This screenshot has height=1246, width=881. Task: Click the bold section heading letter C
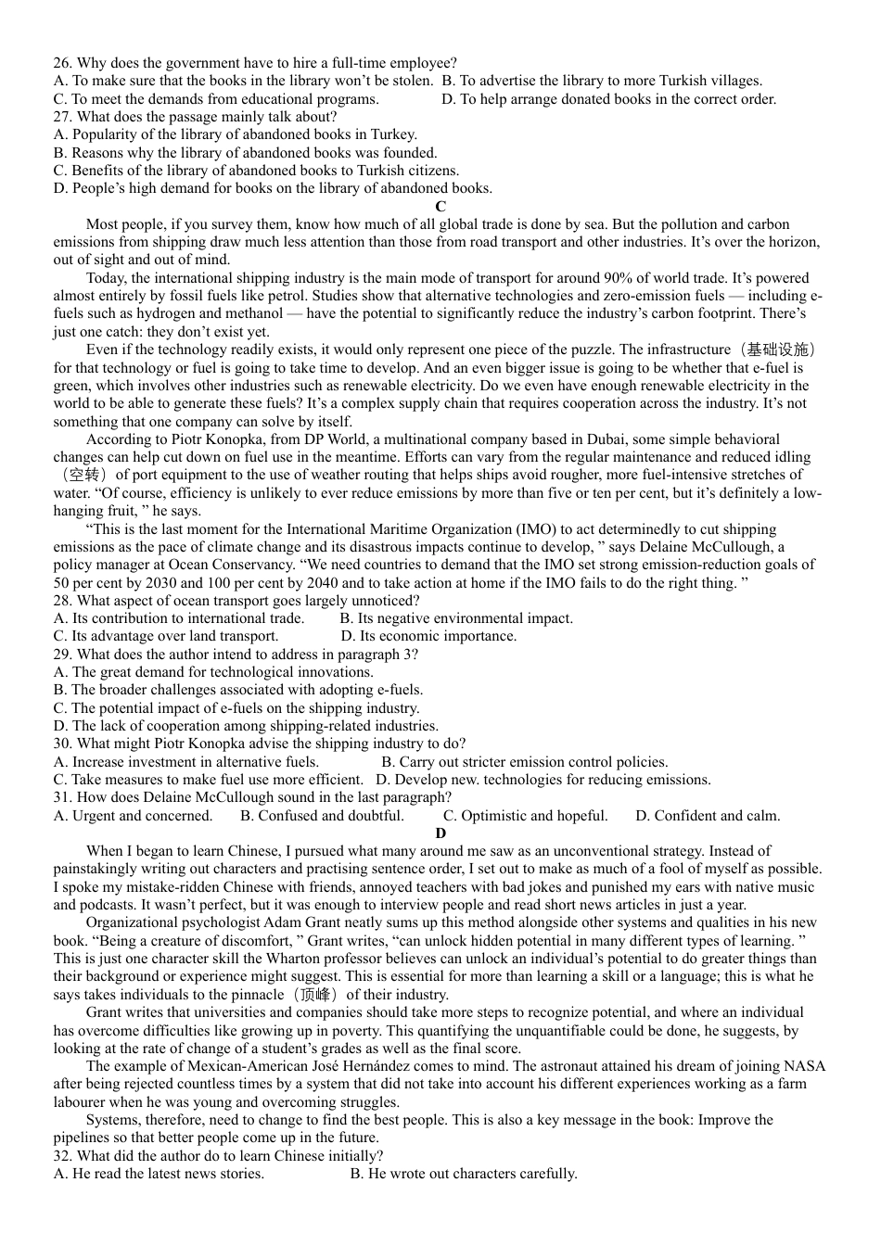pyautogui.click(x=440, y=207)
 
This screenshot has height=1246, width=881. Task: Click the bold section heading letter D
pyautogui.click(x=440, y=833)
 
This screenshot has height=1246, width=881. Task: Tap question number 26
pyautogui.click(x=62, y=63)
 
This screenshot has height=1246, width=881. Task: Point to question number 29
pyautogui.click(x=62, y=655)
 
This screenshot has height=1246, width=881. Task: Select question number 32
pyautogui.click(x=62, y=1156)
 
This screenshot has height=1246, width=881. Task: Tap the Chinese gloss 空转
pyautogui.click(x=83, y=476)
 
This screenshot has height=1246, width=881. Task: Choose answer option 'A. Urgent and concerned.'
pyautogui.click(x=134, y=816)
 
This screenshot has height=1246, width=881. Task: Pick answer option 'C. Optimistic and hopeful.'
pyautogui.click(x=525, y=816)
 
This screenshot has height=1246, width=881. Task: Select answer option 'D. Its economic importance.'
pyautogui.click(x=428, y=637)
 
